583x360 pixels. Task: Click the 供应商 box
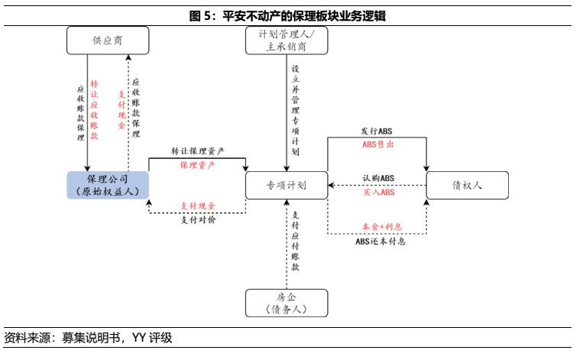pos(108,41)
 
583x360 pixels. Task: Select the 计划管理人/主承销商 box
pos(287,41)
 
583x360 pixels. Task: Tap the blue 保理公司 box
pos(108,185)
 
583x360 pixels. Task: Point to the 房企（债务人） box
pos(287,303)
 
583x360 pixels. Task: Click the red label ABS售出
pos(378,144)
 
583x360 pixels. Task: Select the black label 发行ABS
pos(378,132)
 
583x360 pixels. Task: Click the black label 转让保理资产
pos(197,152)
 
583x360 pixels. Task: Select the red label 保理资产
pos(197,164)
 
